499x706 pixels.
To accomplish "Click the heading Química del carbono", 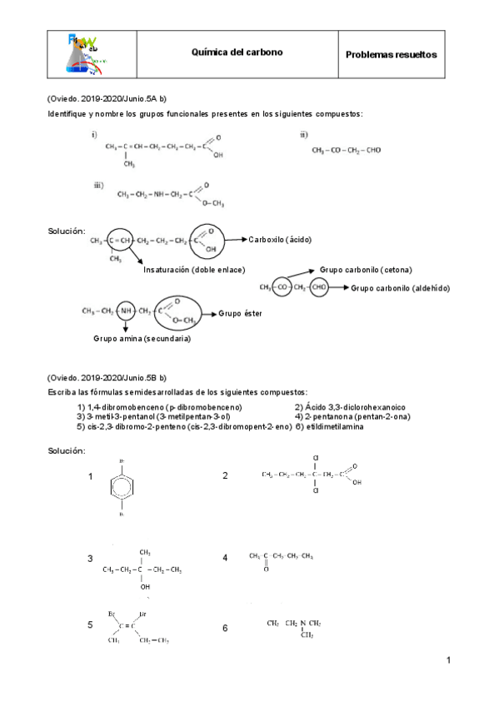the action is click(x=237, y=52).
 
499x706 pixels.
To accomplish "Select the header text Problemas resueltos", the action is click(x=391, y=55).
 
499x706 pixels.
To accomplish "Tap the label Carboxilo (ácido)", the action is click(x=280, y=240).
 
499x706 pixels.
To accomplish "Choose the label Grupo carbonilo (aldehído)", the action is click(x=401, y=288).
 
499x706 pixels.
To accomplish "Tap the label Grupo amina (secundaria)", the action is click(x=142, y=339).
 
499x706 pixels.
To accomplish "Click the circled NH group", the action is click(x=126, y=311).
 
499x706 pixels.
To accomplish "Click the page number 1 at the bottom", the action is click(x=448, y=661).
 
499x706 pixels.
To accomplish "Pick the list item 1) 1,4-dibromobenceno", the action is click(x=159, y=406).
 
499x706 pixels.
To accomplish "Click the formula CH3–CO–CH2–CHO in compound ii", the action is click(x=347, y=151).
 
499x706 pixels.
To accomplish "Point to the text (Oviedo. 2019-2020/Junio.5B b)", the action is click(x=107, y=377).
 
